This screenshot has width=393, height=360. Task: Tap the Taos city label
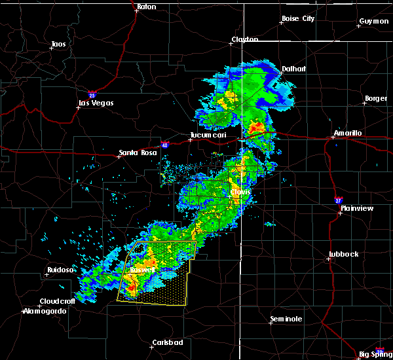pyautogui.click(x=58, y=45)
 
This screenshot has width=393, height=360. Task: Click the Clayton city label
pyautogui.click(x=244, y=40)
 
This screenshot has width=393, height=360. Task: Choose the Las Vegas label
pyautogui.click(x=96, y=103)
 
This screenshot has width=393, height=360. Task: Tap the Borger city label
pyautogui.click(x=376, y=99)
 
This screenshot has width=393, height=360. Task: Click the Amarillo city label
pyautogui.click(x=347, y=133)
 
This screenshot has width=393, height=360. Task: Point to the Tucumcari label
pyautogui.click(x=206, y=135)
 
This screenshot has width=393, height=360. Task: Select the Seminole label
pyautogui.click(x=286, y=319)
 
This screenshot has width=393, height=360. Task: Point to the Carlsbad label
pyautogui.click(x=167, y=342)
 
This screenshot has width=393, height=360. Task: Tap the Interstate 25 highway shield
pyautogui.click(x=92, y=93)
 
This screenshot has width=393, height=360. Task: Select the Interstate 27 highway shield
pyautogui.click(x=338, y=198)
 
